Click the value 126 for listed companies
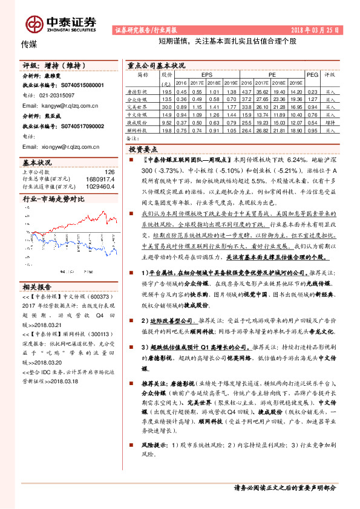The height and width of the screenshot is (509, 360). [110, 172]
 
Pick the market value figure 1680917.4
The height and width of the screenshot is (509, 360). [101, 179]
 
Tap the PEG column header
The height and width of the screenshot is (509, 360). [312, 74]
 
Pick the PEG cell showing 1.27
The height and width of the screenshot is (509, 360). [312, 98]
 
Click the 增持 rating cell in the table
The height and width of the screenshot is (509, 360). [330, 122]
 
